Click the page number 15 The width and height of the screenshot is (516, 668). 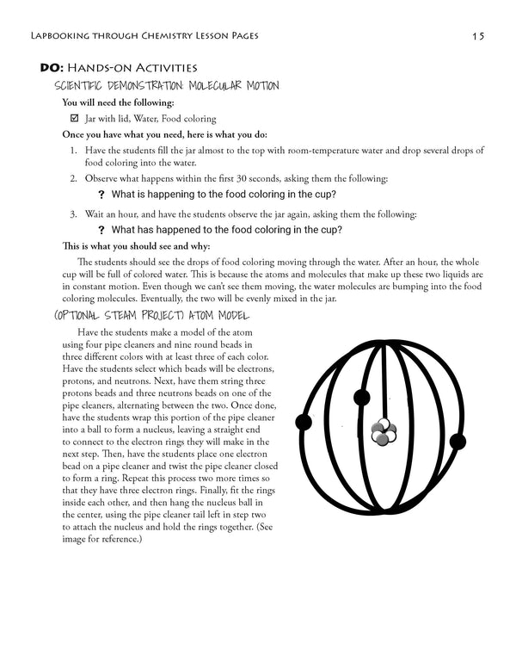pos(478,36)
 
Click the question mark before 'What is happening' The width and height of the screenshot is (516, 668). pos(101,195)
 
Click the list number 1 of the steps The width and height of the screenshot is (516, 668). pos(73,150)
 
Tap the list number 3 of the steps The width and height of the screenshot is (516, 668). pos(73,213)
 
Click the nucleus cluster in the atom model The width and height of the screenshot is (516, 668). pos(379,433)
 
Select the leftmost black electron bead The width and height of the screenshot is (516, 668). pos(303,422)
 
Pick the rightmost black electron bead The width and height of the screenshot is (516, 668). pos(457,442)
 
